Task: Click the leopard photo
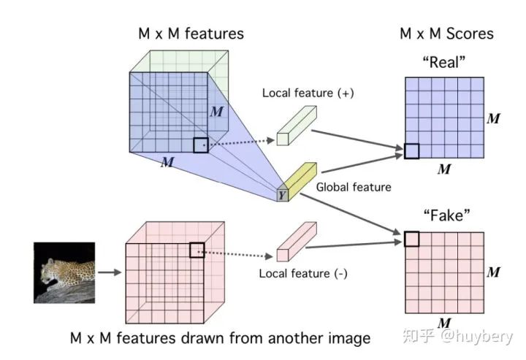[65, 272]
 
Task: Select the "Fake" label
[444, 217]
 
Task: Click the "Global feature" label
[354, 187]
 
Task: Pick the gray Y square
[282, 195]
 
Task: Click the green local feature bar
[297, 125]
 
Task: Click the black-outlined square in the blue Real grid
[411, 151]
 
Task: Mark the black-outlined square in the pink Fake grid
[411, 239]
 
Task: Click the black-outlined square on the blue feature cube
[201, 145]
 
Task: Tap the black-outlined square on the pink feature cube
[197, 250]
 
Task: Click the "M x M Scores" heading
[446, 34]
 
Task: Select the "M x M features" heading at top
[191, 34]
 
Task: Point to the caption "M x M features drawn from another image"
[220, 338]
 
